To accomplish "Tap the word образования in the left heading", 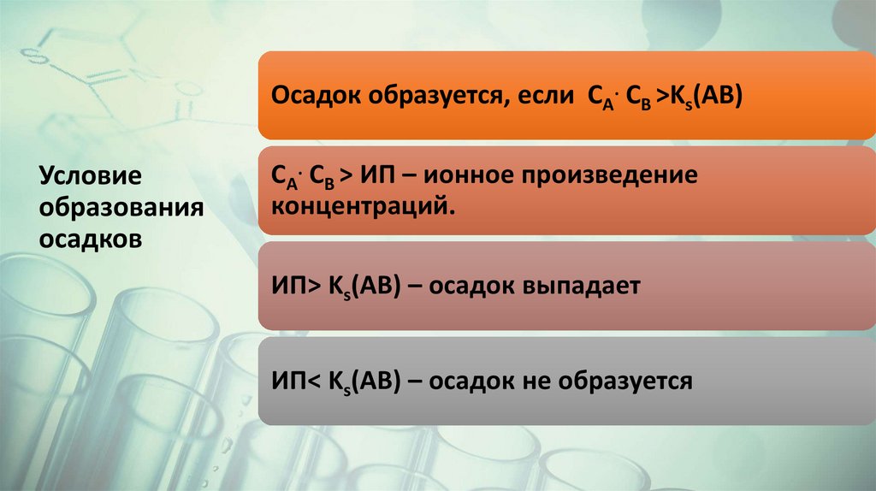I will tap(120, 208).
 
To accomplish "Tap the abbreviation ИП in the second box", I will tap(376, 176).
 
